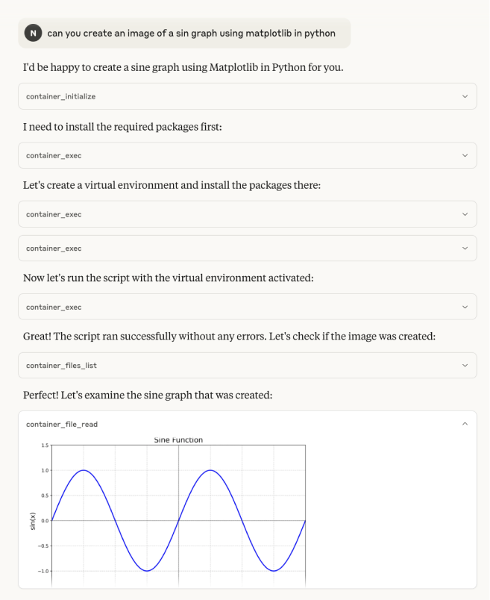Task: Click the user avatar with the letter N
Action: point(34,33)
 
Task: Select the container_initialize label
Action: point(60,96)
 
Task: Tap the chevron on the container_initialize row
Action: point(465,96)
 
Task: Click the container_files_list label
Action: point(61,366)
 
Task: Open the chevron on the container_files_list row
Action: point(465,366)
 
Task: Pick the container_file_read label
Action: point(61,424)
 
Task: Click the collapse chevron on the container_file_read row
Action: point(465,424)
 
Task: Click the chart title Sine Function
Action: point(178,440)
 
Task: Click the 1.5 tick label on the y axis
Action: point(45,446)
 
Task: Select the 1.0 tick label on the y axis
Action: point(45,470)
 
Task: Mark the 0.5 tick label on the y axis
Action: point(45,496)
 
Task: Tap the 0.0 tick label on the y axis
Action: point(45,521)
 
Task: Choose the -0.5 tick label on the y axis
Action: point(43,546)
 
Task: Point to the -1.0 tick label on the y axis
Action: point(43,571)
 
